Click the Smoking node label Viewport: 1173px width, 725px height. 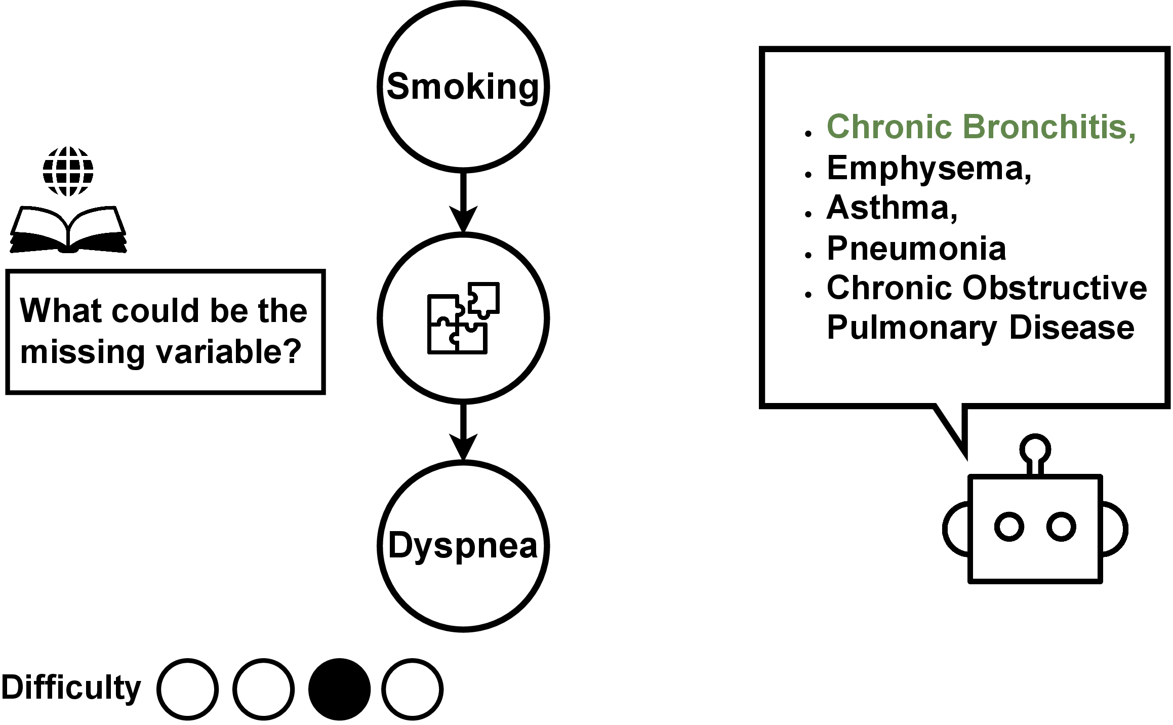click(x=463, y=87)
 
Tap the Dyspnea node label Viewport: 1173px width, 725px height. click(x=463, y=546)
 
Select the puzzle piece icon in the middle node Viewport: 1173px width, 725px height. click(x=463, y=317)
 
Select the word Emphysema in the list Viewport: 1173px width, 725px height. click(x=928, y=168)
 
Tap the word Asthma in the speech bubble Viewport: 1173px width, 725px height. click(x=891, y=208)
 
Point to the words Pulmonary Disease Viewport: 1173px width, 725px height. click(x=980, y=328)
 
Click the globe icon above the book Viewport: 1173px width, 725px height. click(x=68, y=171)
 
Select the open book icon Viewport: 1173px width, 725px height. click(x=68, y=229)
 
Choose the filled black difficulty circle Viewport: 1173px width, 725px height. click(x=339, y=689)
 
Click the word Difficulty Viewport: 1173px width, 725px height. click(x=71, y=688)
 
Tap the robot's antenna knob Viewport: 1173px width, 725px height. click(x=1035, y=449)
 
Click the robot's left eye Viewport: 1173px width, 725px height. click(x=1009, y=527)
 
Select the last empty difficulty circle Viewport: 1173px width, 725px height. click(x=412, y=689)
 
